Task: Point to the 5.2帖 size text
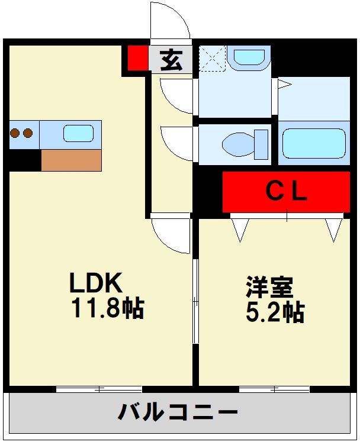coord(275,312)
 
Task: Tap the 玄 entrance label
coord(171,60)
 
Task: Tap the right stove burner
coord(27,133)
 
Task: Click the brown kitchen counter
coord(71,160)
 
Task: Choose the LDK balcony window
coord(99,389)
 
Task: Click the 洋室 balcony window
coord(274,389)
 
